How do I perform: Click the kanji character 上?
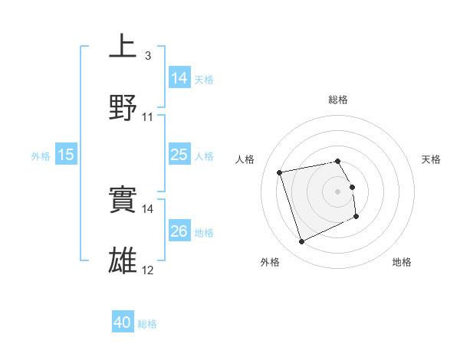pyautogui.click(x=123, y=45)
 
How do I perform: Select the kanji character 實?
pyautogui.click(x=123, y=200)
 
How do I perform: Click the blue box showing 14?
pyautogui.click(x=179, y=78)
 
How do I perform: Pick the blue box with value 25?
pyautogui.click(x=179, y=155)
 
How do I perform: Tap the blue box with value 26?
pyautogui.click(x=179, y=231)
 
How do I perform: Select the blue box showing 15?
pyautogui.click(x=66, y=155)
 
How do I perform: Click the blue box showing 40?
pyautogui.click(x=123, y=323)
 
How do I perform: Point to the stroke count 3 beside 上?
pyautogui.click(x=148, y=56)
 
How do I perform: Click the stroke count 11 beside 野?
pyautogui.click(x=148, y=117)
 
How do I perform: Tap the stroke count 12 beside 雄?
pyautogui.click(x=148, y=270)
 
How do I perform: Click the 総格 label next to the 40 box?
pyautogui.click(x=147, y=324)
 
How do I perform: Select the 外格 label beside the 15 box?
pyautogui.click(x=41, y=155)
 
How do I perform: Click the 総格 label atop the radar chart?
pyautogui.click(x=338, y=100)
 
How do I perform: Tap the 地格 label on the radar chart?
pyautogui.click(x=402, y=262)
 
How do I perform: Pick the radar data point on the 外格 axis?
pyautogui.click(x=301, y=242)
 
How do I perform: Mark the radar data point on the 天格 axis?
pyautogui.click(x=352, y=186)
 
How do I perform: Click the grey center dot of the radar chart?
pyautogui.click(x=338, y=191)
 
